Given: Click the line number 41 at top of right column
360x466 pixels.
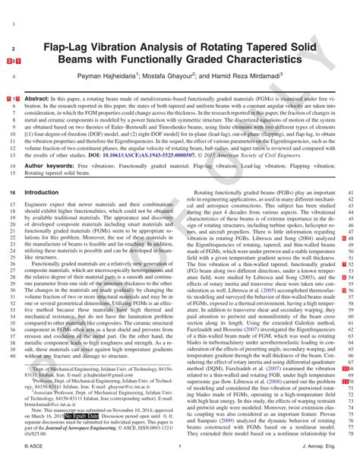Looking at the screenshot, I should (x=349, y=193).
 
